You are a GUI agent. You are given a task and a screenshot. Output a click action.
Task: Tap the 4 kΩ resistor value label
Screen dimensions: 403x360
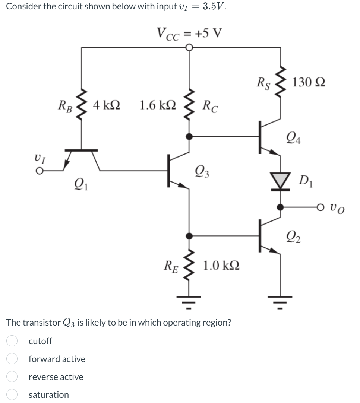[106, 105]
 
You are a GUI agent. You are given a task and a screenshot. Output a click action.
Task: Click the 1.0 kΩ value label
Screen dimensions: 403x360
[221, 266]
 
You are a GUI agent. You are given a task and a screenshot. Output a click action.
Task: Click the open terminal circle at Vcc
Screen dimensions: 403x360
[190, 48]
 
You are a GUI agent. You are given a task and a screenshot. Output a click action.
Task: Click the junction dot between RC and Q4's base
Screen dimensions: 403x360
[190, 137]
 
